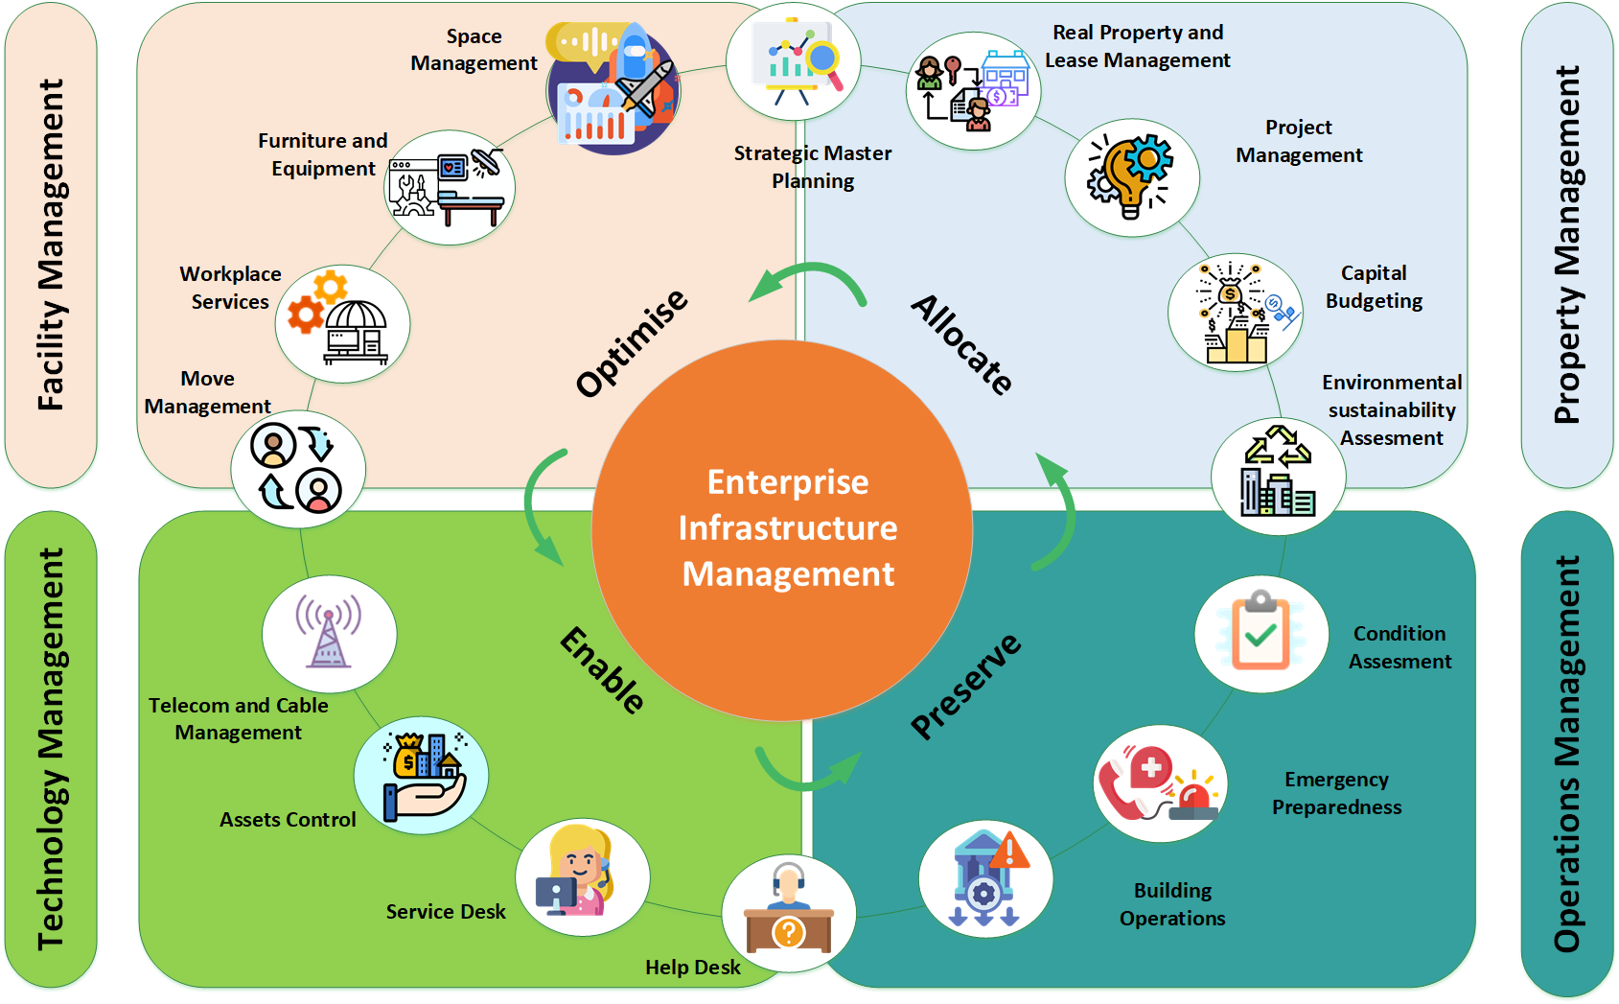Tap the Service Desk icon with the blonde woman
point(582,877)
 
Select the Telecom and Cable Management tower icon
point(329,634)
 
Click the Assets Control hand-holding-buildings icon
point(421,775)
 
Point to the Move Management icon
point(298,469)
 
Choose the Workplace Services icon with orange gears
point(342,323)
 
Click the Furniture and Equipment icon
point(450,188)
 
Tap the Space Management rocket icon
point(614,89)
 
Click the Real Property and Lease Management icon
point(973,91)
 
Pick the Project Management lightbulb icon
point(1131,177)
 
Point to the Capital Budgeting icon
point(1235,312)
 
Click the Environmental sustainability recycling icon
point(1278,476)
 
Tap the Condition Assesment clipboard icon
point(1261,634)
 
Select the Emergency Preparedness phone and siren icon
point(1160,783)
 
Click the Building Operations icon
point(985,878)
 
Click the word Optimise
point(632,342)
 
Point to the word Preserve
point(965,686)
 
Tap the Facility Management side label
point(51,245)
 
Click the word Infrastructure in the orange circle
point(788,528)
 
